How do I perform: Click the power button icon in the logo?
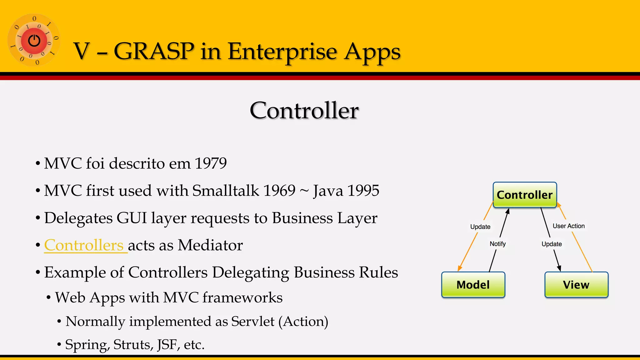(x=34, y=40)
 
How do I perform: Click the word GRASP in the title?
(x=154, y=51)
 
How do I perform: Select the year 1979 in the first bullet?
(x=210, y=163)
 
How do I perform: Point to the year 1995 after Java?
(x=363, y=191)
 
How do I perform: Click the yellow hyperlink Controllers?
(x=84, y=245)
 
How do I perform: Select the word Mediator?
(x=210, y=245)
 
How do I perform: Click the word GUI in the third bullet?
(x=131, y=218)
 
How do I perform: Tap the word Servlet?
(x=252, y=322)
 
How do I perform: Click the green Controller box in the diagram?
(x=525, y=195)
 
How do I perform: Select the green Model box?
(x=473, y=285)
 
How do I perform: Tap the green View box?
(x=576, y=285)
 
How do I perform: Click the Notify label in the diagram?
(x=497, y=244)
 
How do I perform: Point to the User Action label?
(x=568, y=226)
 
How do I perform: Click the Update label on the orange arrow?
(x=480, y=227)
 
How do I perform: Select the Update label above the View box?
(x=552, y=244)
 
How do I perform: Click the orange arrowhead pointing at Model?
(x=459, y=268)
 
